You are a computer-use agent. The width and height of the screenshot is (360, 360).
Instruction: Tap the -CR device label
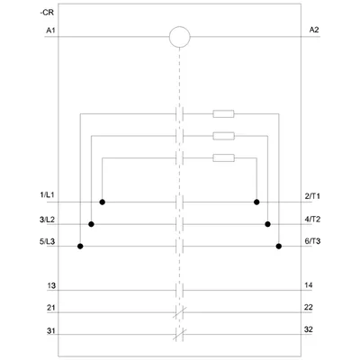pyautogui.click(x=47, y=13)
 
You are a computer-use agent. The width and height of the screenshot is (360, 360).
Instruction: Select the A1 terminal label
pyautogui.click(x=50, y=31)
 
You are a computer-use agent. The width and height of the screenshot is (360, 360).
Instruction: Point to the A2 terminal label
pyautogui.click(x=314, y=30)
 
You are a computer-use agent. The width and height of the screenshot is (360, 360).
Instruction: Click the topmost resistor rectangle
pyautogui.click(x=223, y=114)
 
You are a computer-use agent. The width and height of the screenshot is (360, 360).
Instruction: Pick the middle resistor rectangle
pyautogui.click(x=223, y=136)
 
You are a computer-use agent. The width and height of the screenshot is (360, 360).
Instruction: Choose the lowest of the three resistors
pyautogui.click(x=223, y=157)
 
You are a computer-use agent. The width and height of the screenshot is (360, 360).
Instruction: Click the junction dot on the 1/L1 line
pyautogui.click(x=103, y=202)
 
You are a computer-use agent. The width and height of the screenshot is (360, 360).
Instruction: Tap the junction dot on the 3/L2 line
pyautogui.click(x=92, y=224)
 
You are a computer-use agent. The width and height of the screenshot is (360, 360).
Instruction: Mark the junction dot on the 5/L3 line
pyautogui.click(x=80, y=247)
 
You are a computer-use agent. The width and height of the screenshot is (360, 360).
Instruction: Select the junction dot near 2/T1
pyautogui.click(x=256, y=202)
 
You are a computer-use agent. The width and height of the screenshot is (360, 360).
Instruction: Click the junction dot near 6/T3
pyautogui.click(x=279, y=247)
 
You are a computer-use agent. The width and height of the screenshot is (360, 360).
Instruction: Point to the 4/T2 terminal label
pyautogui.click(x=312, y=220)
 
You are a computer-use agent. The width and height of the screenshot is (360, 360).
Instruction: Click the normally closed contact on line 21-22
pyautogui.click(x=179, y=312)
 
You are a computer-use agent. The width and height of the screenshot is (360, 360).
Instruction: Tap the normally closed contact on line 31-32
pyautogui.click(x=179, y=335)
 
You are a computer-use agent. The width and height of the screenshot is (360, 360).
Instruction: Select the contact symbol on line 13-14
pyautogui.click(x=179, y=291)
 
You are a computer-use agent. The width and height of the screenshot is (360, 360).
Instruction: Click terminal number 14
pyautogui.click(x=309, y=285)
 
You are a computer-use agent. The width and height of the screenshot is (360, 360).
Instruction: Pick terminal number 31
pyautogui.click(x=51, y=331)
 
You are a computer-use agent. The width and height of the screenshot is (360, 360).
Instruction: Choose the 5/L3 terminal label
pyautogui.click(x=48, y=241)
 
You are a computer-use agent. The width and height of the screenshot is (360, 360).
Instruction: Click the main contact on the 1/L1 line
pyautogui.click(x=179, y=202)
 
